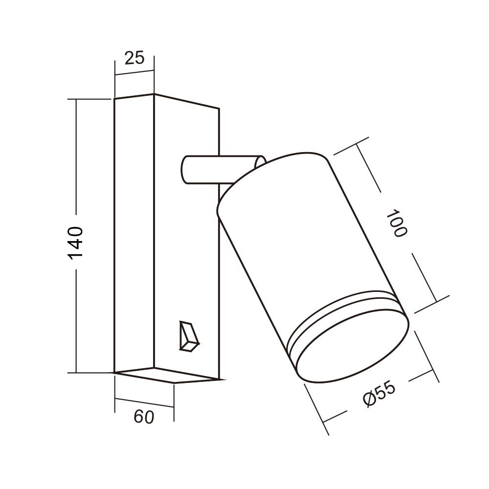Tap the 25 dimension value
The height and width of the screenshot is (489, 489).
coord(135,58)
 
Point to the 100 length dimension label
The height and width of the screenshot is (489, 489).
coord(397,223)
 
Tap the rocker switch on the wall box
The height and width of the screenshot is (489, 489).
coord(189,336)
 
